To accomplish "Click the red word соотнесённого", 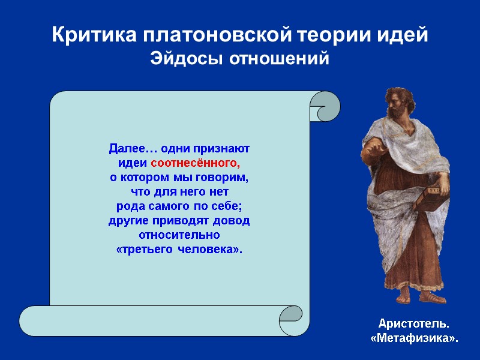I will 195,163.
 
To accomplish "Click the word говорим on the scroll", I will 222,178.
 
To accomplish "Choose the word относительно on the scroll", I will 179,235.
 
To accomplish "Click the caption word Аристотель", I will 414,324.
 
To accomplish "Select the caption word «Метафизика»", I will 414,339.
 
